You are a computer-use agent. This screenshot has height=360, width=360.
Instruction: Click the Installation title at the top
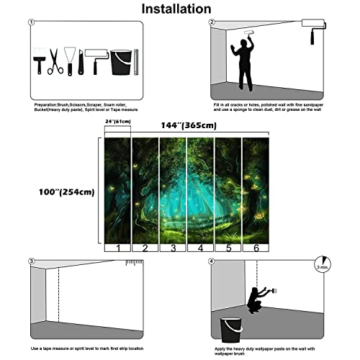176,9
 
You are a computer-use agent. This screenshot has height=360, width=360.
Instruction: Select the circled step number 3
31,261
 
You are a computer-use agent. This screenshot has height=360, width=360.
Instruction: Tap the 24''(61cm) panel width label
118,122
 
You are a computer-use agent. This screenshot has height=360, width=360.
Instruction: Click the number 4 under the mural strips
202,247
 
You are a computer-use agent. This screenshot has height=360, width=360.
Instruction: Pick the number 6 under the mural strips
256,247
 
